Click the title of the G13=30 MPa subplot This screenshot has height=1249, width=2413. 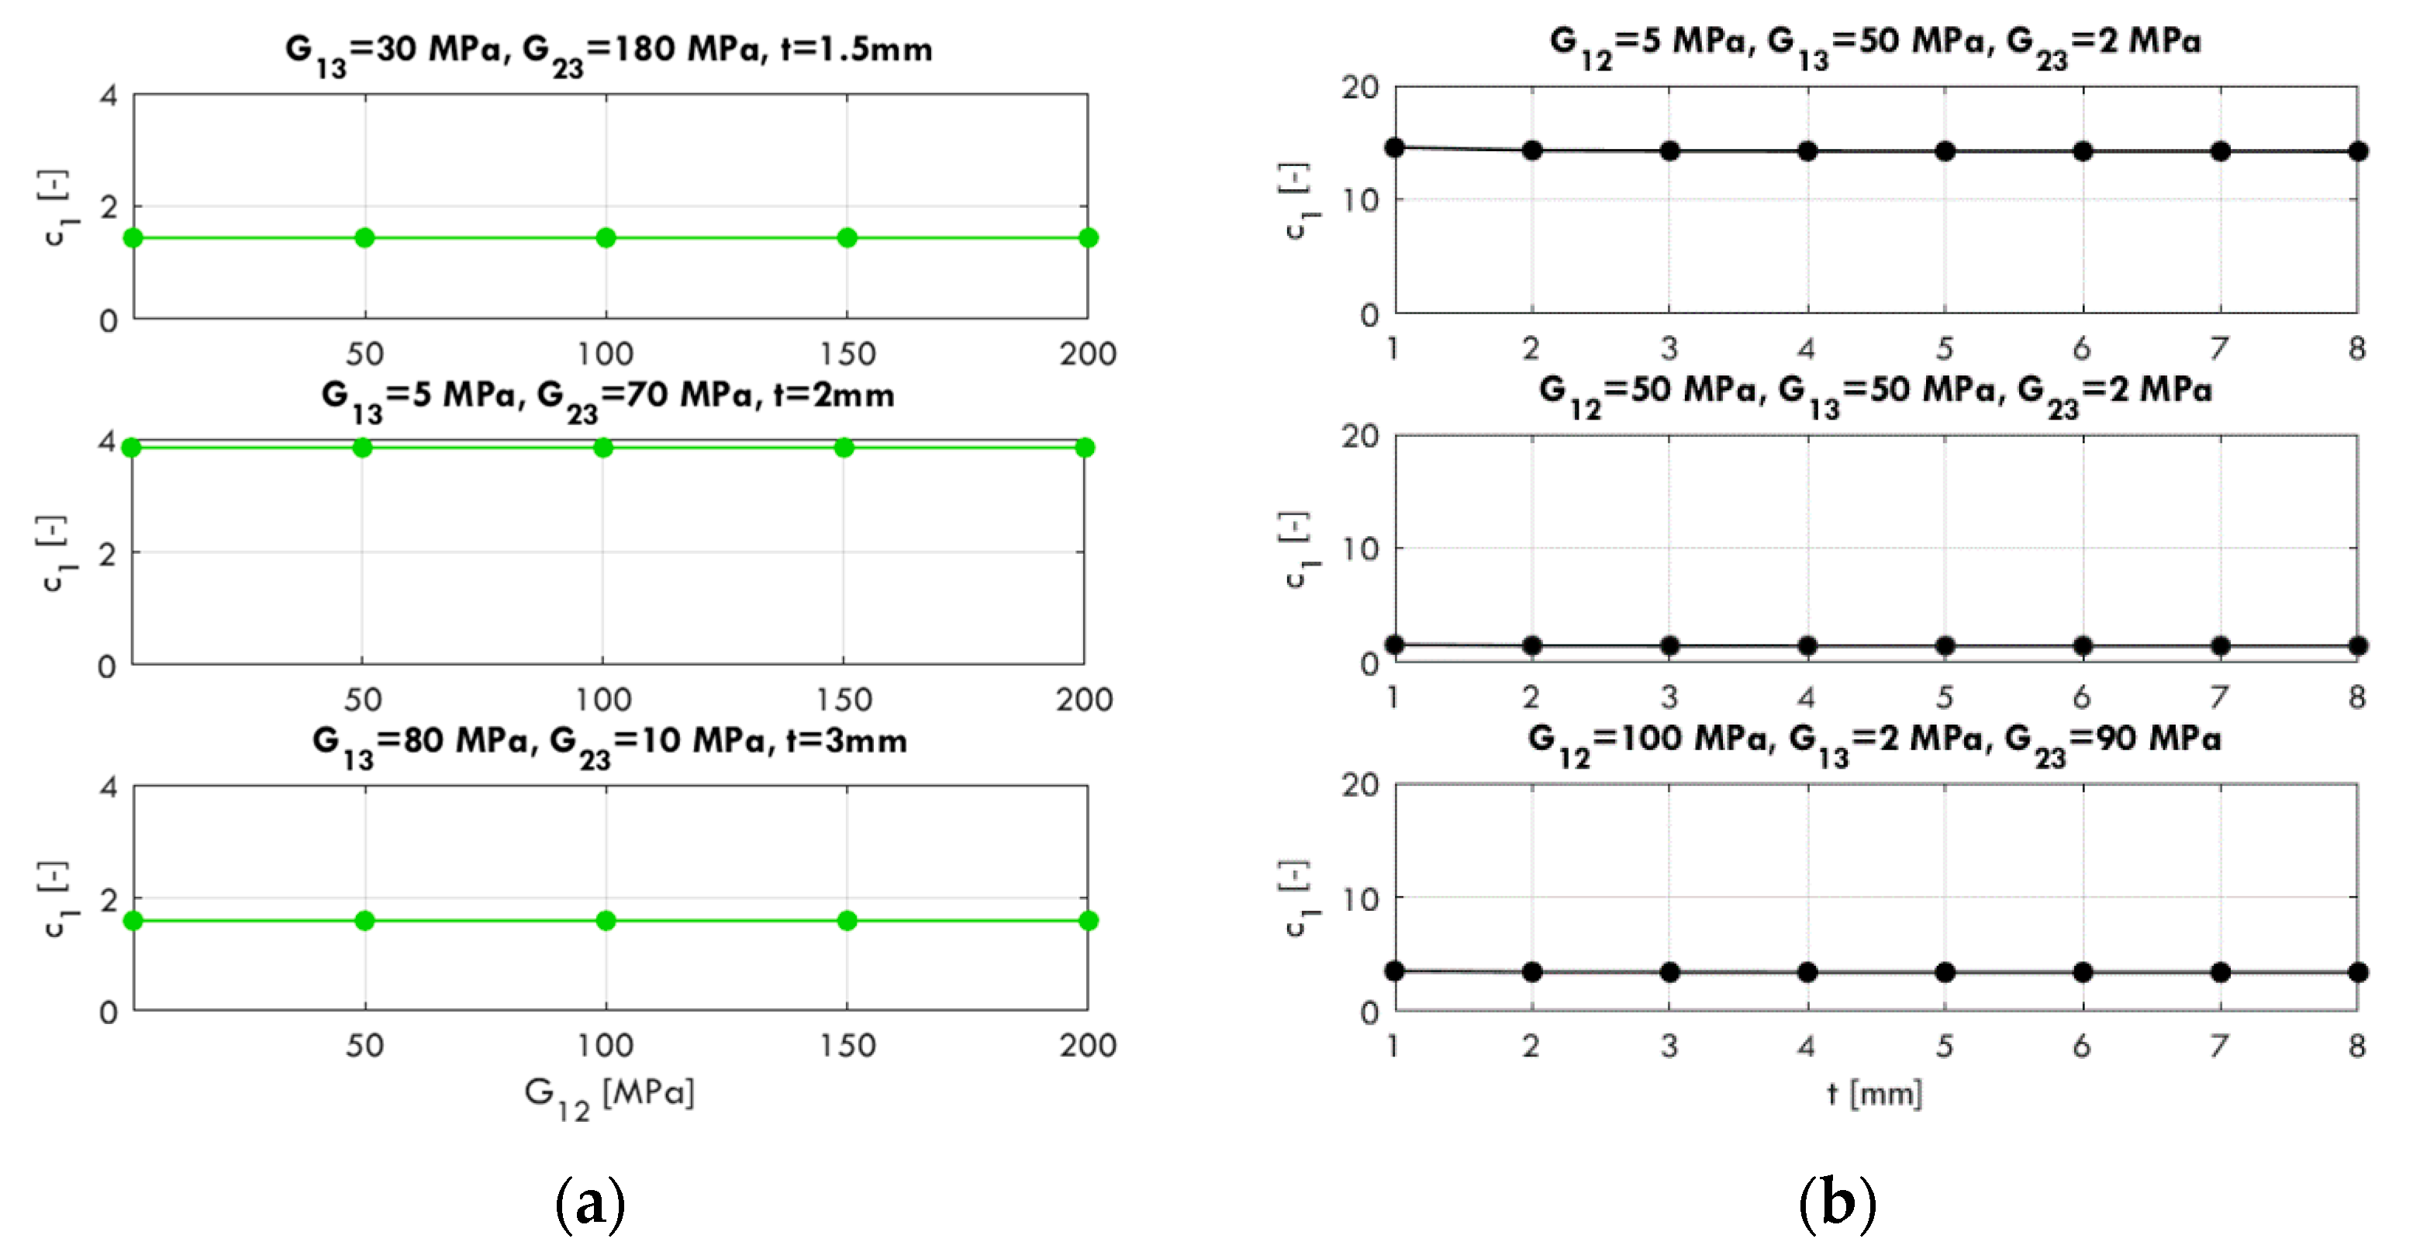coord(609,50)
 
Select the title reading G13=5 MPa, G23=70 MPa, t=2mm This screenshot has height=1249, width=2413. coord(607,396)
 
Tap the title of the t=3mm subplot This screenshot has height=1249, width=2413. coord(609,742)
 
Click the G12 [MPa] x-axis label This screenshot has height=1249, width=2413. coord(609,1095)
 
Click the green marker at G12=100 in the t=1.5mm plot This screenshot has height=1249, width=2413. coord(606,238)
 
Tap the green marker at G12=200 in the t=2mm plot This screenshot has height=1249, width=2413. coord(1085,448)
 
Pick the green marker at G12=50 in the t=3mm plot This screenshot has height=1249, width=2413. coord(365,921)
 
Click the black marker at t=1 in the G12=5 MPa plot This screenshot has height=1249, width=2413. coord(1395,147)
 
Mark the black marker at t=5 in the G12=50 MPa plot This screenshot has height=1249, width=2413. coord(1945,645)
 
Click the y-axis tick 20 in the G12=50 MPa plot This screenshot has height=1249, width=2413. coord(1360,437)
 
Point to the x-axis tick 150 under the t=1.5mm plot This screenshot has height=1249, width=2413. coord(847,355)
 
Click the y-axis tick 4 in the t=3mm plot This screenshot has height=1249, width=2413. coord(109,787)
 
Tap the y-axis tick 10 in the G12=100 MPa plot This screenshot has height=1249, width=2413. coord(1360,899)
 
